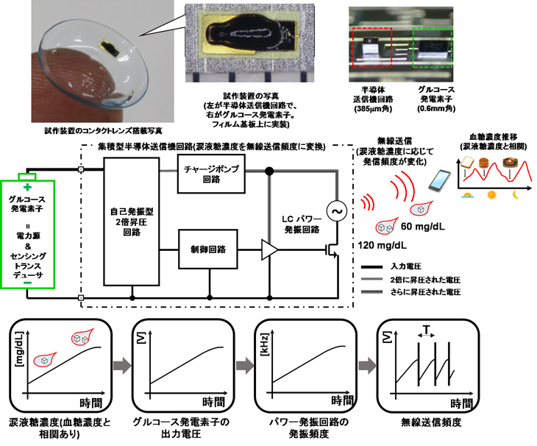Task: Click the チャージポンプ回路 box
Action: coord(211,174)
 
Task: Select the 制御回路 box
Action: coord(208,249)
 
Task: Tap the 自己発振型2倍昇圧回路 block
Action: coord(132,222)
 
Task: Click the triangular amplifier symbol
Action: coord(269,249)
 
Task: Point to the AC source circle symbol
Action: coord(336,211)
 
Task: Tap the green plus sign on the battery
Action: coord(27,187)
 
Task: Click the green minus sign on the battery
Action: coord(27,283)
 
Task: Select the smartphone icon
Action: coord(439,180)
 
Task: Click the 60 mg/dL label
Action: coord(423,227)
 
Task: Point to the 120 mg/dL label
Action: coord(383,245)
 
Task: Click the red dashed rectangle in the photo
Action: coord(371,48)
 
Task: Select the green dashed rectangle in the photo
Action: coord(433,48)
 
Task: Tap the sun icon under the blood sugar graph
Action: coord(491,195)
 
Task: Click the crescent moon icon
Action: coord(516,194)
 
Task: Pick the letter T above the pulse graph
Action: coord(426,330)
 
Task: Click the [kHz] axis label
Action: coord(265,345)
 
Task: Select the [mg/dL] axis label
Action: coord(20,349)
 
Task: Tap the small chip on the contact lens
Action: coord(110,48)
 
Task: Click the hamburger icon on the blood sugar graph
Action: coord(483,163)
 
